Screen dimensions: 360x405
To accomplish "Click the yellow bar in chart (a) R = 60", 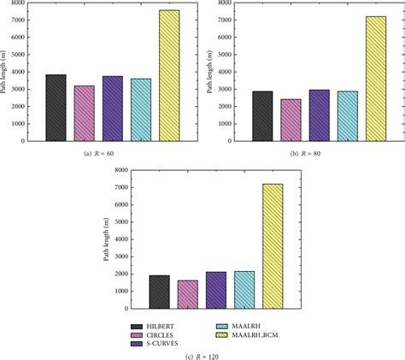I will [x=169, y=75].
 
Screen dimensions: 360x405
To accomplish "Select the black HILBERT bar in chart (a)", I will [x=56, y=108].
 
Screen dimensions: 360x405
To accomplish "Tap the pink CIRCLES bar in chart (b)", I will [x=291, y=120].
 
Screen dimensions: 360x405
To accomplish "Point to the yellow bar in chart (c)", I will [x=273, y=245].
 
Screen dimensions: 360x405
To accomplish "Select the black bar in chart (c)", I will [x=159, y=292].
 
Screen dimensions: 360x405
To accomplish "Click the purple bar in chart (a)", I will [x=113, y=109].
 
